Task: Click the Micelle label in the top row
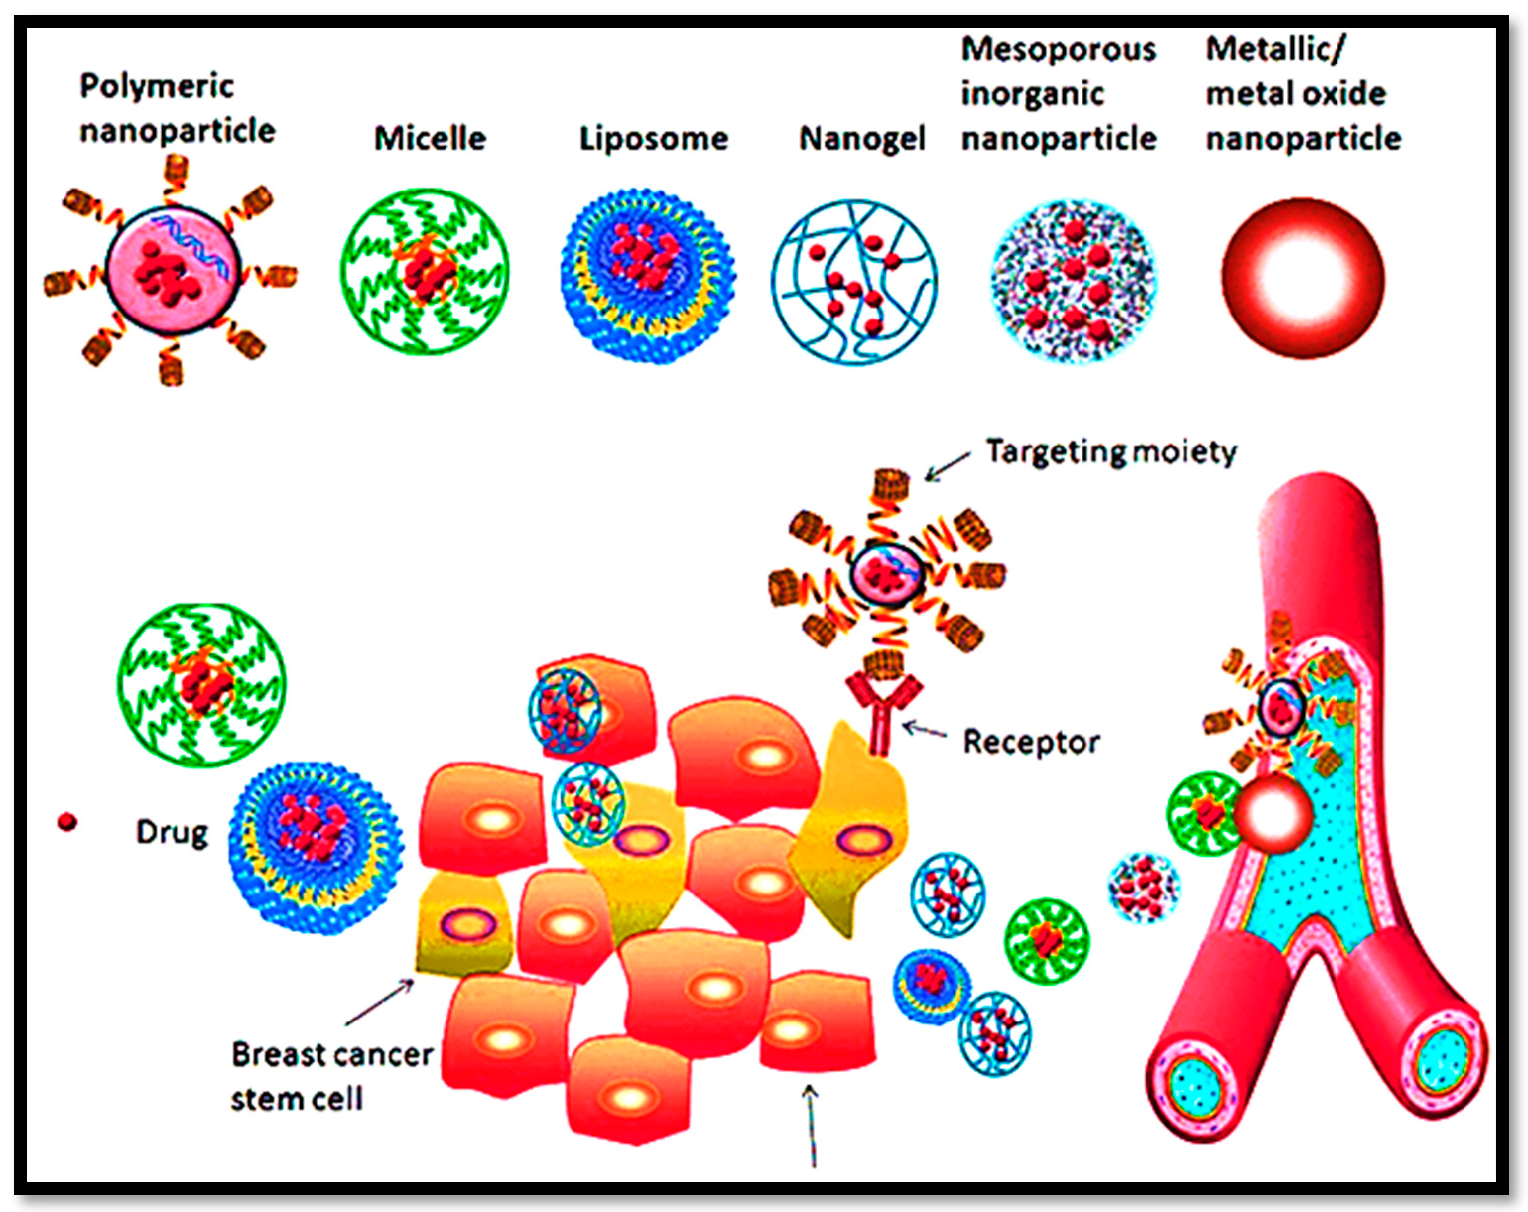[430, 138]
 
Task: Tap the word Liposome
[653, 139]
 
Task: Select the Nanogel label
[862, 138]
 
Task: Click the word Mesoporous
[1058, 49]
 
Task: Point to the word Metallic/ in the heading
[1275, 49]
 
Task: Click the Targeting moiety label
[1111, 451]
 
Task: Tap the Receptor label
[1031, 742]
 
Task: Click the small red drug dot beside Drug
[67, 822]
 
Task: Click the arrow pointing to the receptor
[925, 730]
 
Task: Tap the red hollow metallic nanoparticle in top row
[1303, 278]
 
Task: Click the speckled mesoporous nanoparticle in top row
[1074, 281]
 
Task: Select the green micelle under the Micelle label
[425, 271]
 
